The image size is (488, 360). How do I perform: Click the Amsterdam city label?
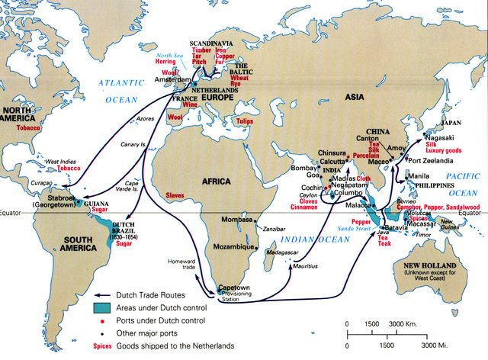[174, 79]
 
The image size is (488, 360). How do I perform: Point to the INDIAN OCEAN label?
[319, 240]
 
